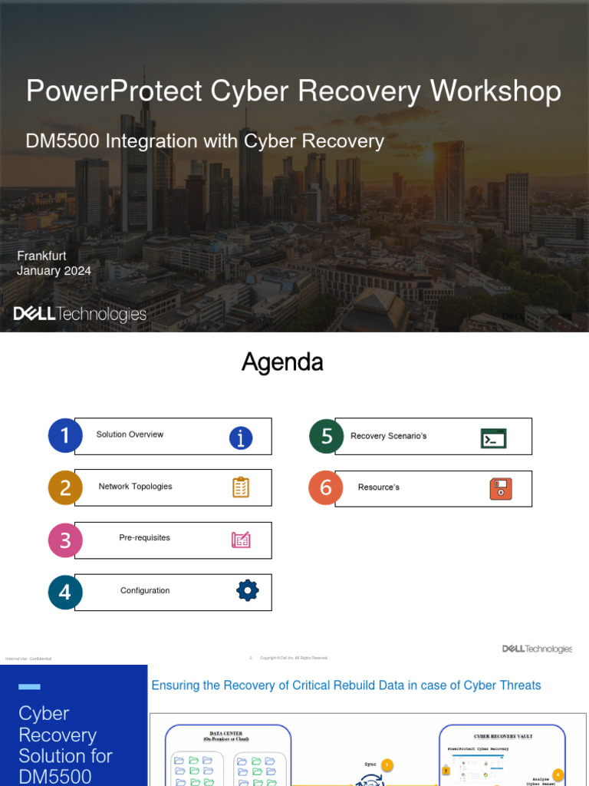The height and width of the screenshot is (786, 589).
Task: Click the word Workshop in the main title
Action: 495,91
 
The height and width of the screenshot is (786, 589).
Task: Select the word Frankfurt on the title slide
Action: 41,256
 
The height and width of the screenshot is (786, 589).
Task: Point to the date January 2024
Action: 54,270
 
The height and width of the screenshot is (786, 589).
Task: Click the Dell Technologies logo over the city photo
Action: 80,314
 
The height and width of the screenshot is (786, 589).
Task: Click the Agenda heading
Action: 282,362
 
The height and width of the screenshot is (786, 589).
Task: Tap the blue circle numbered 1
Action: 65,435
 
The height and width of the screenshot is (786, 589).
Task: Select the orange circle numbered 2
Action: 65,487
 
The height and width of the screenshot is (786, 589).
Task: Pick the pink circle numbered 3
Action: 65,540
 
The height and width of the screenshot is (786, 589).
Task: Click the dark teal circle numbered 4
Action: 65,592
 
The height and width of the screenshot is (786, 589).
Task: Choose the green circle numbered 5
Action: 326,436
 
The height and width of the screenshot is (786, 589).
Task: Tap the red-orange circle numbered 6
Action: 326,488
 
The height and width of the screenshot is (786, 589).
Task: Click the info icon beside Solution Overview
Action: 241,438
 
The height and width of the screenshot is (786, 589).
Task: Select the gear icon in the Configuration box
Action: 247,590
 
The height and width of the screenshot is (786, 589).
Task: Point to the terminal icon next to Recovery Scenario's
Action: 493,438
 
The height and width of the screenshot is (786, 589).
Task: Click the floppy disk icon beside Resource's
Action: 501,489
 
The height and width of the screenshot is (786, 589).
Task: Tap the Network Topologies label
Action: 135,487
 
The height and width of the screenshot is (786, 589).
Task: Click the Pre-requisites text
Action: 144,538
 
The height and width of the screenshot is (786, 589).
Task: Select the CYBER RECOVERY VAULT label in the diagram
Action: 503,736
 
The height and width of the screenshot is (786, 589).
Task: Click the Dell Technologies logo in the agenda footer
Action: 537,649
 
